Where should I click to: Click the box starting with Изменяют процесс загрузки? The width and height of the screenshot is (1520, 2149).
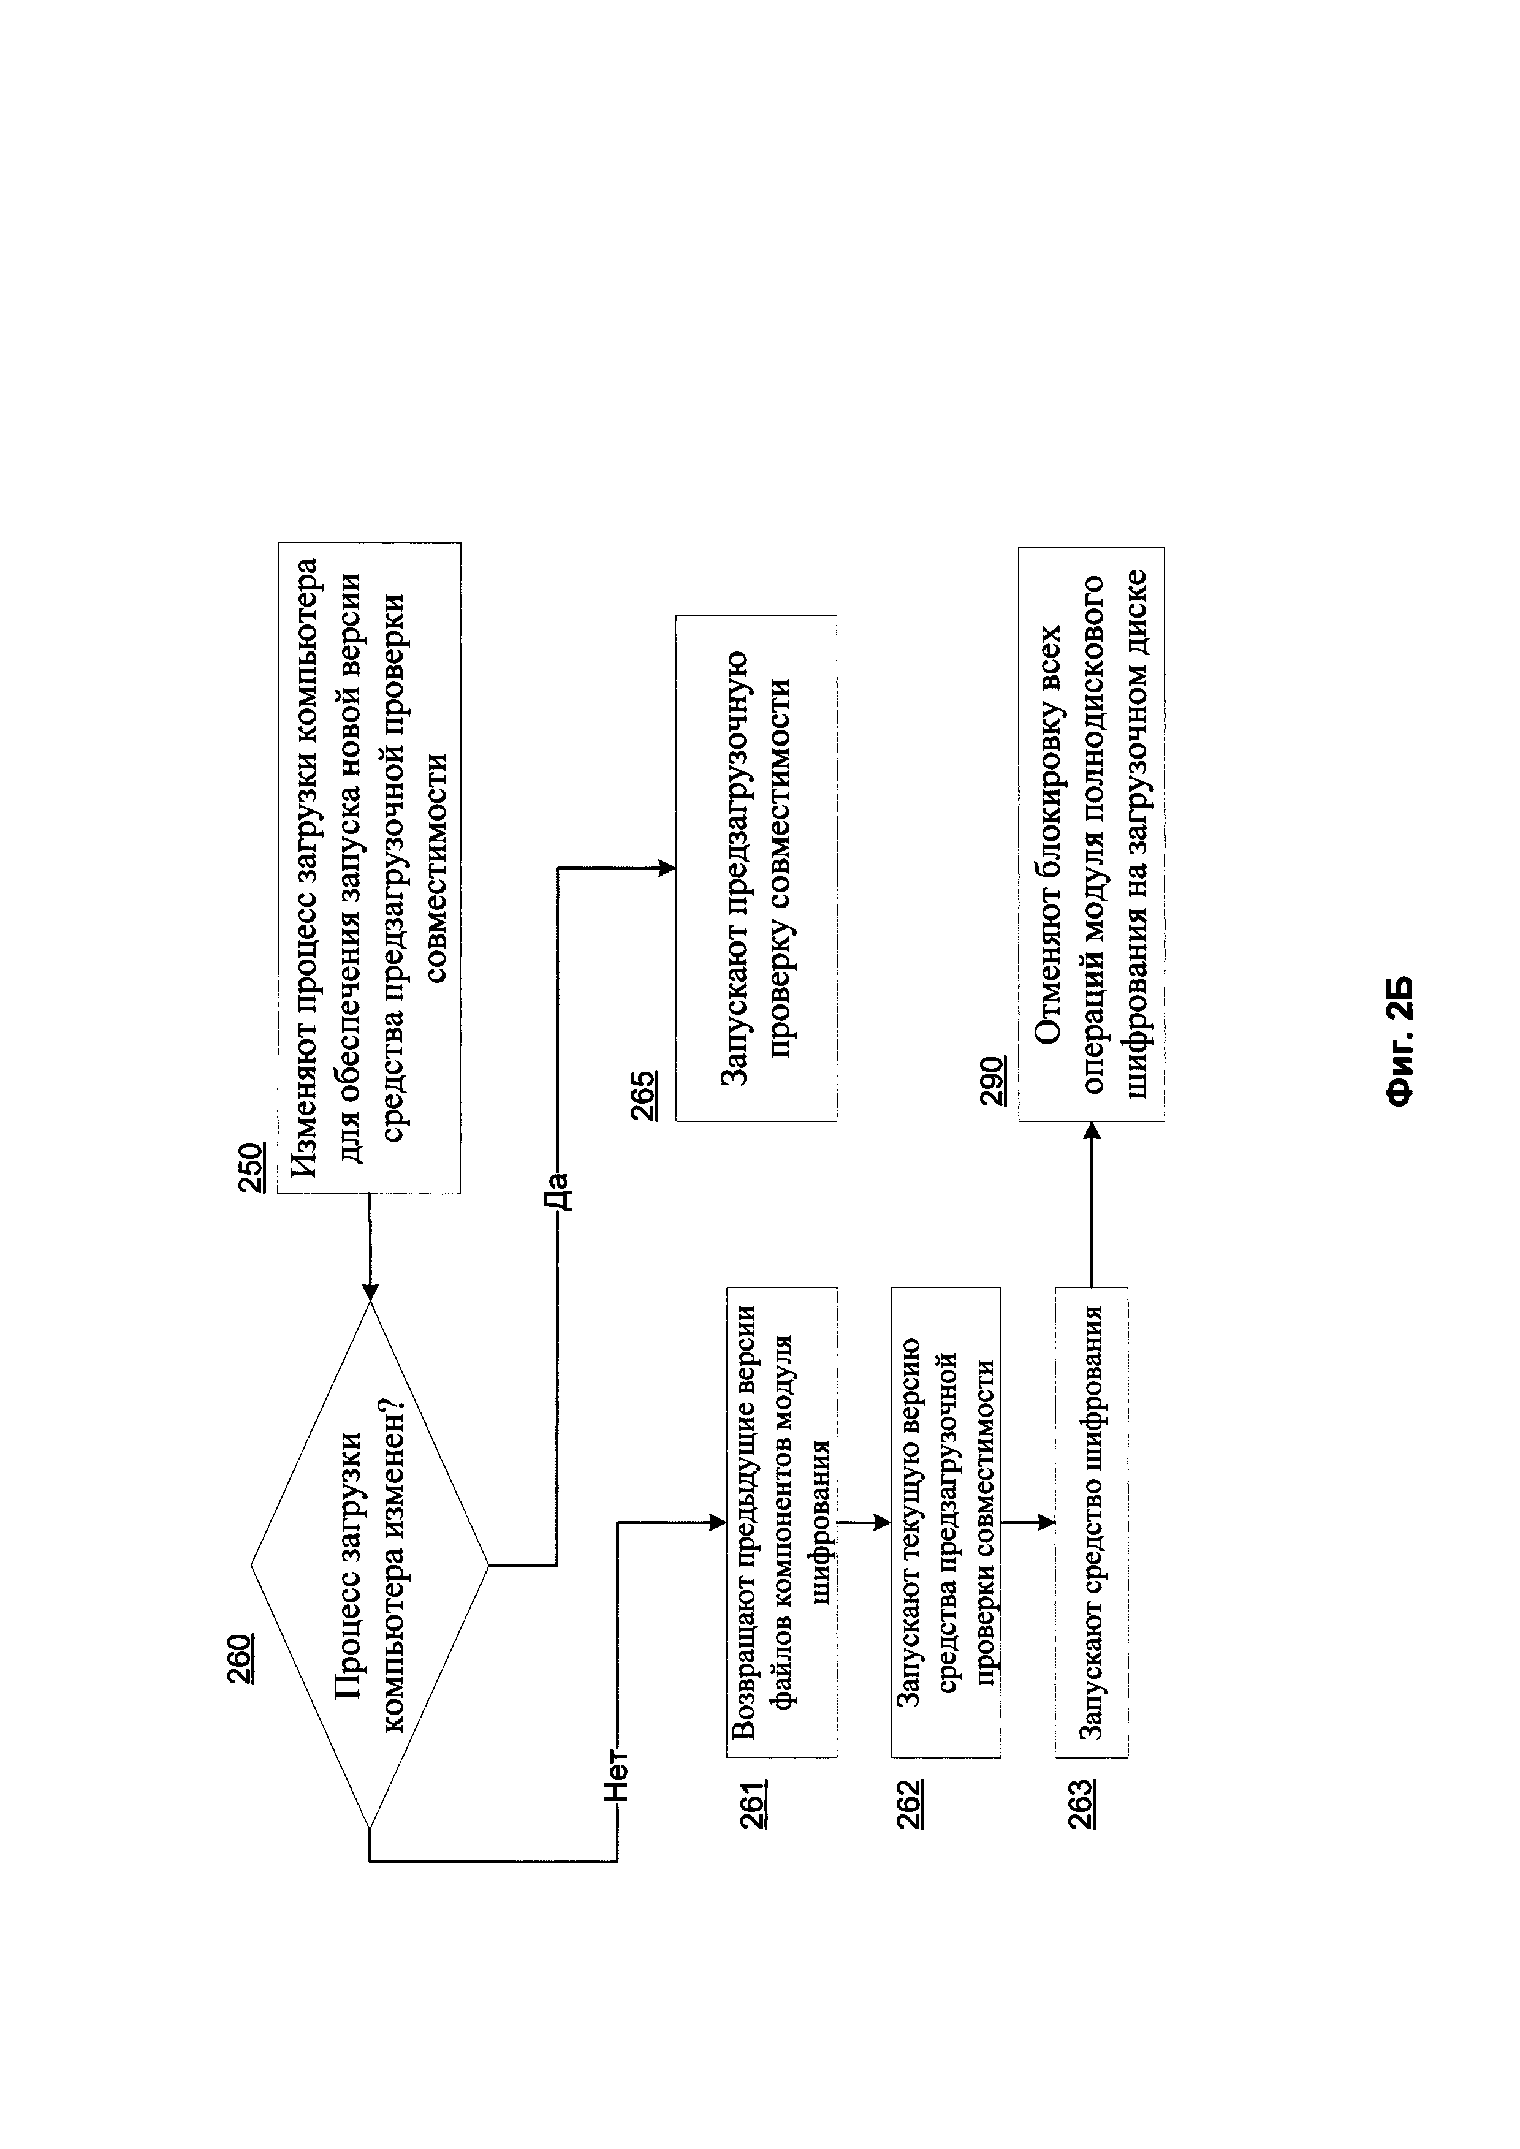tap(370, 868)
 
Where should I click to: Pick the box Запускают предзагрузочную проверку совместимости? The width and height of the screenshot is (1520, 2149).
tap(756, 868)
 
